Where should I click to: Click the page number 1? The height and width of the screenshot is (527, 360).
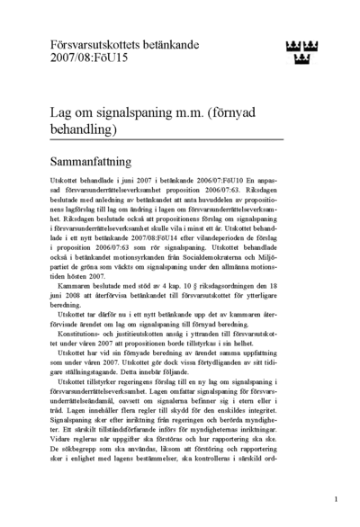pyautogui.click(x=335, y=497)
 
